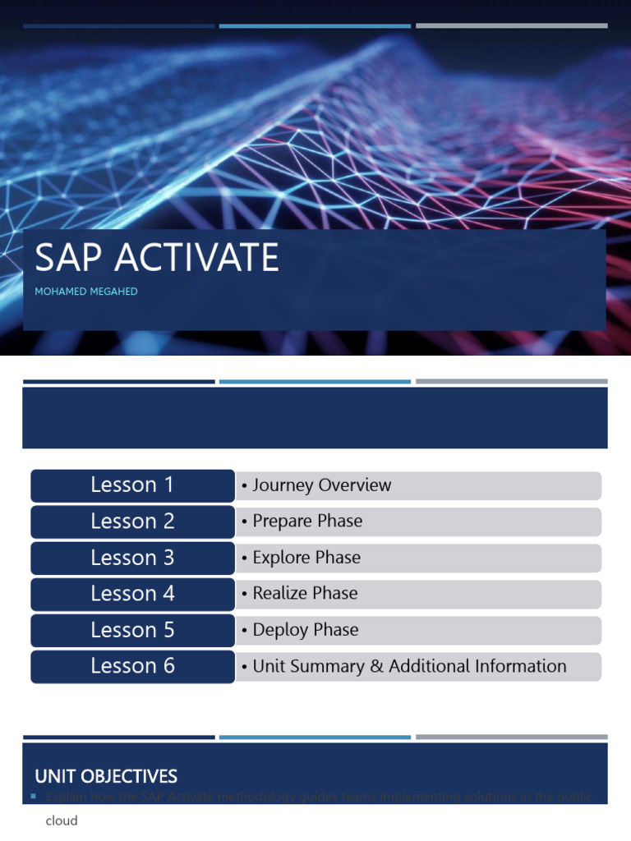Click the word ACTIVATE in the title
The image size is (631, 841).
[196, 258]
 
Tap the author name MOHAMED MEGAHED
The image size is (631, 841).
[86, 292]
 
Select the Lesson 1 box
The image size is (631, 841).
[132, 485]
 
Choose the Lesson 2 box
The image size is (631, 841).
[132, 522]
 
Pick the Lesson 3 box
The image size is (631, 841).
[132, 558]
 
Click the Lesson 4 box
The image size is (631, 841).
[132, 594]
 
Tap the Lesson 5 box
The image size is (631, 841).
[132, 630]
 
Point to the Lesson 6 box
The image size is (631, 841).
[132, 666]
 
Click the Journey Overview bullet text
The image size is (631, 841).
[321, 485]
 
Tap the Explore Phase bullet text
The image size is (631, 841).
[306, 558]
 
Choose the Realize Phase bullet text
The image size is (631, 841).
[305, 594]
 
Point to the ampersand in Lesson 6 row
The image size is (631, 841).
[376, 666]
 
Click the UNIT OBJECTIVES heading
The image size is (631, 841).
[106, 776]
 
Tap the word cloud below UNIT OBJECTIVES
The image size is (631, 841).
[62, 820]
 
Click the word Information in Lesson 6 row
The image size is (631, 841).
[519, 666]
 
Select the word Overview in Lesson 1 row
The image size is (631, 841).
[354, 485]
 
